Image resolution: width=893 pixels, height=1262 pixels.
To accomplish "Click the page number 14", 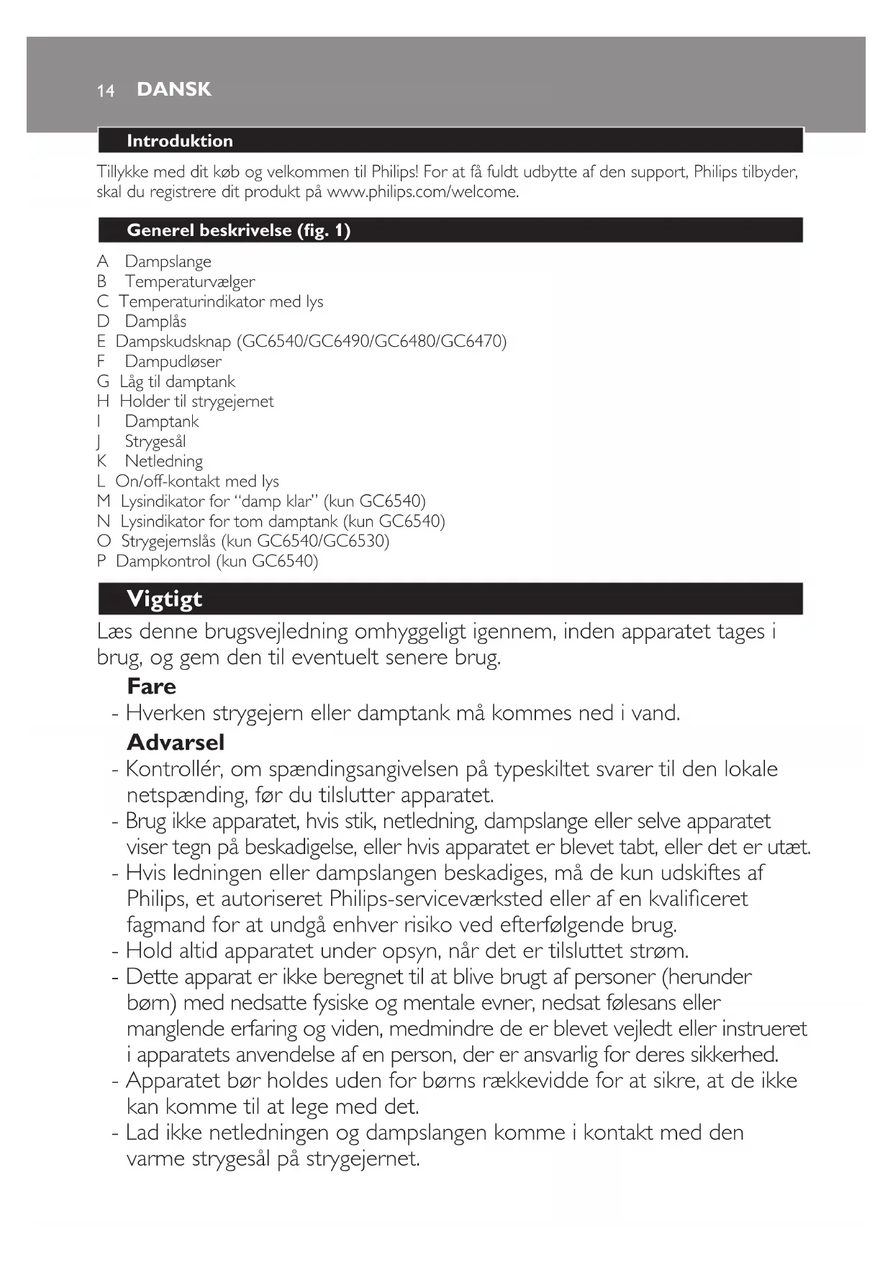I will pyautogui.click(x=106, y=91).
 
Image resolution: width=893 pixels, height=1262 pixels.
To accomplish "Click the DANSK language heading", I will pyautogui.click(x=174, y=89).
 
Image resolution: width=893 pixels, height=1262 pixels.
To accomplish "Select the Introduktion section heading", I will pyautogui.click(x=180, y=141).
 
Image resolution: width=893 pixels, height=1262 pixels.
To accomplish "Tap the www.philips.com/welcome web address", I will pyautogui.click(x=422, y=192).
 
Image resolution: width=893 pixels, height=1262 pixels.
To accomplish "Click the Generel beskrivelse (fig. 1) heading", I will pyautogui.click(x=238, y=230).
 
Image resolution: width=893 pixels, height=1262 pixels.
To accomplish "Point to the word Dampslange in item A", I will pyautogui.click(x=168, y=262).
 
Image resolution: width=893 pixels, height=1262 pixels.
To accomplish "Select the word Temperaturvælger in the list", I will pyautogui.click(x=190, y=282).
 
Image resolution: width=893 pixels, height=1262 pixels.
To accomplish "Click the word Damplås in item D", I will pyautogui.click(x=155, y=322).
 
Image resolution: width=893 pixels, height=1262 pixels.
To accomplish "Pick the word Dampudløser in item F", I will pyautogui.click(x=173, y=362).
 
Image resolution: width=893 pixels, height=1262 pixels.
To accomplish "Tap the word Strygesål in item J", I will pyautogui.click(x=155, y=442).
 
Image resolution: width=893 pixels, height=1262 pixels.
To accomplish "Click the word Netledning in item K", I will pyautogui.click(x=164, y=461).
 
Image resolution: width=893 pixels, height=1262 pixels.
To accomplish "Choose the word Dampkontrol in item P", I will pyautogui.click(x=163, y=561).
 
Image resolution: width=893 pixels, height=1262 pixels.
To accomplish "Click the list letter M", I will pyautogui.click(x=104, y=501).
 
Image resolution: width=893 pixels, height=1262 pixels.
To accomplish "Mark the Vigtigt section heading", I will pyautogui.click(x=164, y=599).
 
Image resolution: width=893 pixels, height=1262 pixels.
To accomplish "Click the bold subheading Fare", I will pyautogui.click(x=151, y=686).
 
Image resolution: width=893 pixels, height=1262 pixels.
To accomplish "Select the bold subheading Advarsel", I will pyautogui.click(x=176, y=743).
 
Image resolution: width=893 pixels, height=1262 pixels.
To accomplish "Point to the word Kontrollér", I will pyautogui.click(x=173, y=769).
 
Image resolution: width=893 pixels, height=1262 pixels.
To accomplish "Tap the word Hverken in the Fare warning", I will pyautogui.click(x=166, y=714).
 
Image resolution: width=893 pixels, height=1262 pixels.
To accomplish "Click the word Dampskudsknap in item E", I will pyautogui.click(x=173, y=342).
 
